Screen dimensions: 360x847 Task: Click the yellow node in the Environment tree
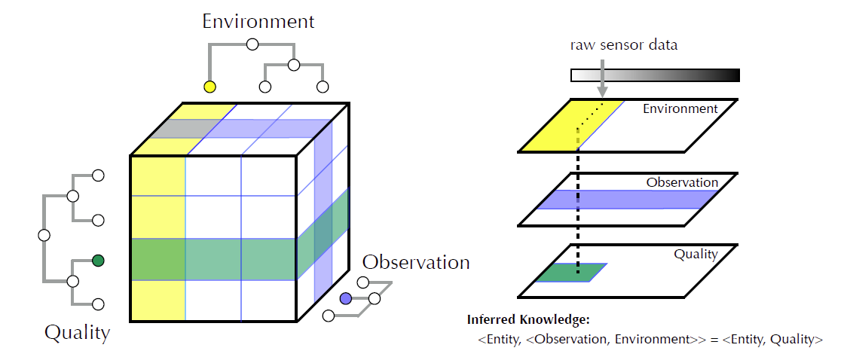pos(210,87)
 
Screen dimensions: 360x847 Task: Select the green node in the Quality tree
pos(97,261)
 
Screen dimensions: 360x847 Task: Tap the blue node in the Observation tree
pos(346,299)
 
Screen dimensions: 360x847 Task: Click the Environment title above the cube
pos(258,20)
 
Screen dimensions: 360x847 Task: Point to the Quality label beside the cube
pos(77,332)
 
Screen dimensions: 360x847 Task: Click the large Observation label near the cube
pos(416,262)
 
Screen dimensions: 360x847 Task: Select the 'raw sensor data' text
pos(623,44)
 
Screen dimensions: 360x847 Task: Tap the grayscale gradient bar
pos(655,75)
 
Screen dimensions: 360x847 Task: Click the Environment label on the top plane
pos(680,108)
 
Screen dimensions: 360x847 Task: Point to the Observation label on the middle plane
pos(682,182)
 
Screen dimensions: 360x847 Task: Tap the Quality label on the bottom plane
pos(696,255)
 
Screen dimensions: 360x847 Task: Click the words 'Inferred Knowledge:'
pos(527,319)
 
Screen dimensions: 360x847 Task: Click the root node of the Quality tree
pos(44,235)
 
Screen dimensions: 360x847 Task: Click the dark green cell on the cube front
pos(157,259)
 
